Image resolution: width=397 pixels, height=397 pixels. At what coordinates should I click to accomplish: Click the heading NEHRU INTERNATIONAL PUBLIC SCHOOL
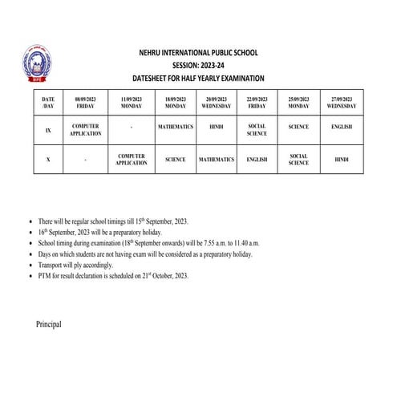[198, 53]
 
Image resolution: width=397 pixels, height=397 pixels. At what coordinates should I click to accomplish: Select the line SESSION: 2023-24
[198, 65]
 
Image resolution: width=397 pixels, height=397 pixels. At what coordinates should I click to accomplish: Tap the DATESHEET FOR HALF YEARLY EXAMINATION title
[198, 78]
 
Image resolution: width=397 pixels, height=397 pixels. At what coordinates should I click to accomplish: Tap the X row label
[48, 160]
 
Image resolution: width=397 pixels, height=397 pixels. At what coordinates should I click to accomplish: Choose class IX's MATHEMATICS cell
[176, 127]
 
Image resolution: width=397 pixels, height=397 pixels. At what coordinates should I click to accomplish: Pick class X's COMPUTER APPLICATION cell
[132, 160]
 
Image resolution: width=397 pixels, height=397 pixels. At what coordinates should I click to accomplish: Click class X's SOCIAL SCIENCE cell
[298, 160]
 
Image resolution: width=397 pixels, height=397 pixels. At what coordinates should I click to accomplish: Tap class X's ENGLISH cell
[257, 160]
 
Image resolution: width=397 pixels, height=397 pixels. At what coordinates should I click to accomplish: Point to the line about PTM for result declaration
[113, 275]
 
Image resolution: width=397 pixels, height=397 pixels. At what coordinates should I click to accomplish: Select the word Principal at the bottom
[48, 324]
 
